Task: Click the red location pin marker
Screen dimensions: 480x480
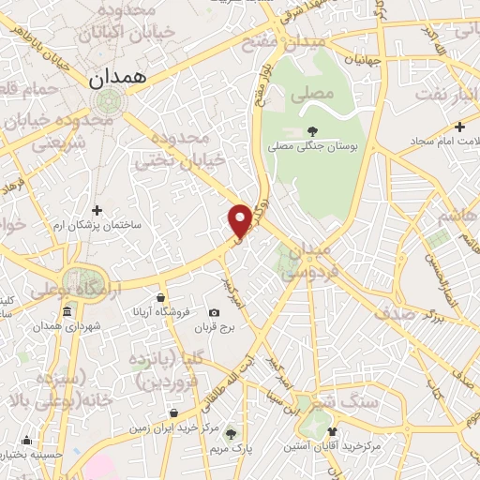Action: click(240, 219)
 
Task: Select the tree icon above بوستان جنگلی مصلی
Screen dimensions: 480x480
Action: click(312, 132)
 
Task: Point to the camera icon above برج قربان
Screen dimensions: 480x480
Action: click(214, 313)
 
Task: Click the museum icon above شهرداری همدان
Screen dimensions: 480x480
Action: click(67, 312)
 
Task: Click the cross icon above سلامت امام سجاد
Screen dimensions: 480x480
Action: click(459, 127)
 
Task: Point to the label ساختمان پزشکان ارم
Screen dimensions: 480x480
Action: click(97, 225)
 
